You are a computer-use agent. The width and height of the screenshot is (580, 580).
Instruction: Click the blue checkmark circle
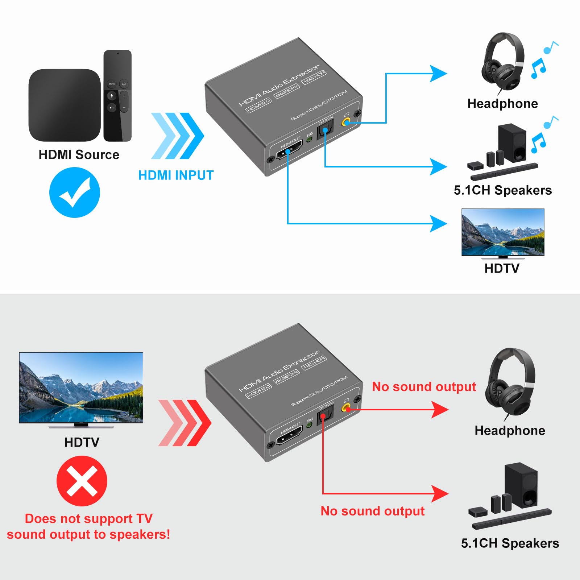point(74,192)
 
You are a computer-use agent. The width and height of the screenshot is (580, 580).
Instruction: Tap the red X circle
point(82,481)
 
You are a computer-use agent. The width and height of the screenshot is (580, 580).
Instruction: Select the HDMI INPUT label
point(176,175)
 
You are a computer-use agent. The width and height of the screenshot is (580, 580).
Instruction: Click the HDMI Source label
point(79,155)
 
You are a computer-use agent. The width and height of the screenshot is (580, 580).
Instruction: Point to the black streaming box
point(65,105)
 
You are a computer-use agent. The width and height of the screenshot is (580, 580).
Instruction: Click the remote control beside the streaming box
point(117,95)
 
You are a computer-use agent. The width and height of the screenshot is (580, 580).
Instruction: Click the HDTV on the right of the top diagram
point(503,232)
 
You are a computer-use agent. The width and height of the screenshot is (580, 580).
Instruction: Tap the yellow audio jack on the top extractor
point(346,122)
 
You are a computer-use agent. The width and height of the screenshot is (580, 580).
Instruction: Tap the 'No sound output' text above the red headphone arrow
point(424,387)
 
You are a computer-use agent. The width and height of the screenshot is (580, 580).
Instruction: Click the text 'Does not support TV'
point(88,519)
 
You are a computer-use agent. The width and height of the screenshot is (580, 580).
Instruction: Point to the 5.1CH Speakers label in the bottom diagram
point(510,543)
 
